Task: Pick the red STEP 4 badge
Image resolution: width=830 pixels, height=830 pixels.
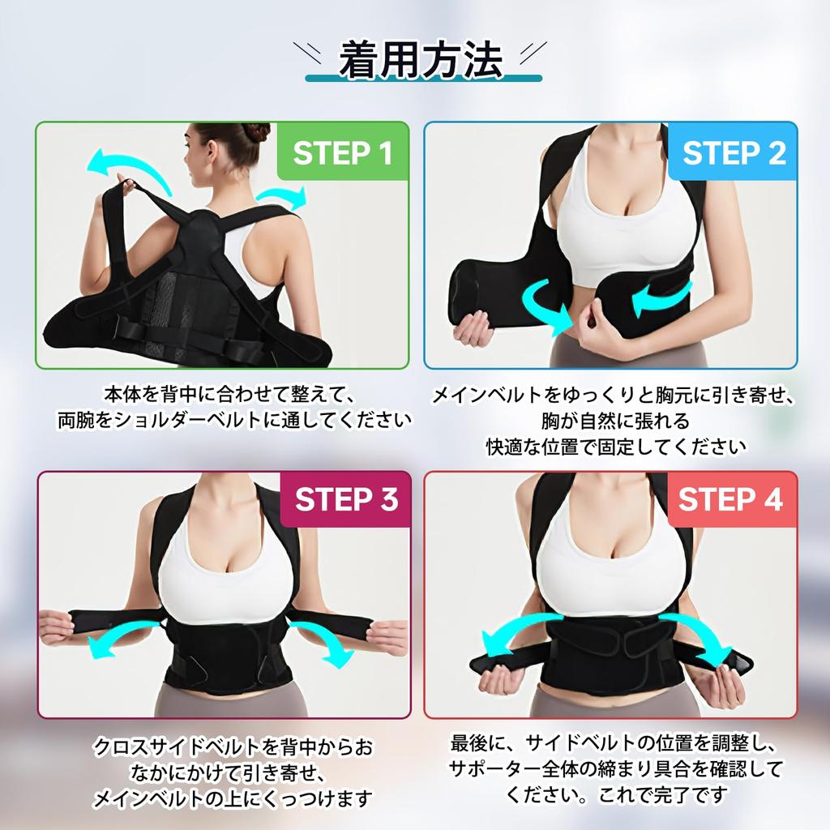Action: [x=731, y=499]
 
